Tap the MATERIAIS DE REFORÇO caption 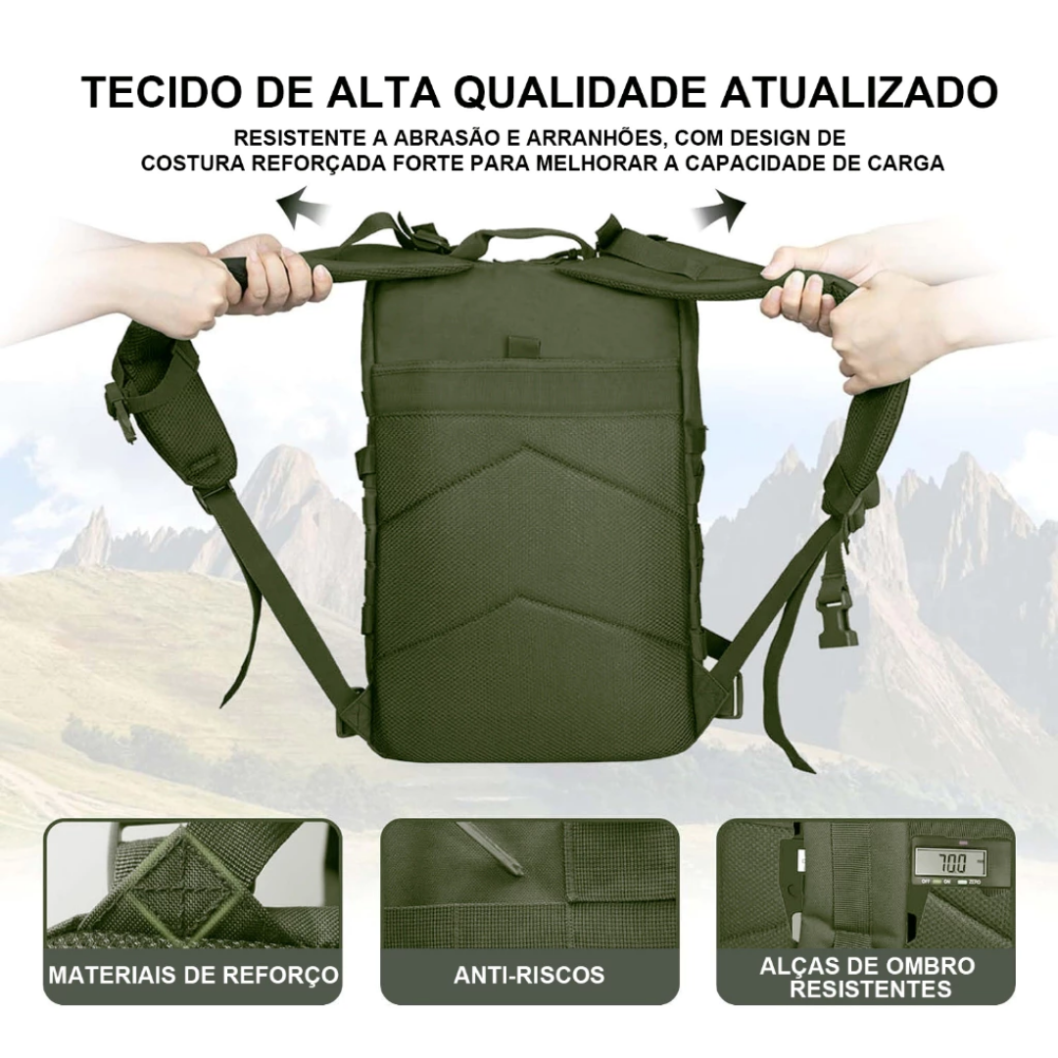click(x=194, y=975)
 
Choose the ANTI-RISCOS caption click(x=529, y=975)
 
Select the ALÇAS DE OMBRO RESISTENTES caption click(x=867, y=977)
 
